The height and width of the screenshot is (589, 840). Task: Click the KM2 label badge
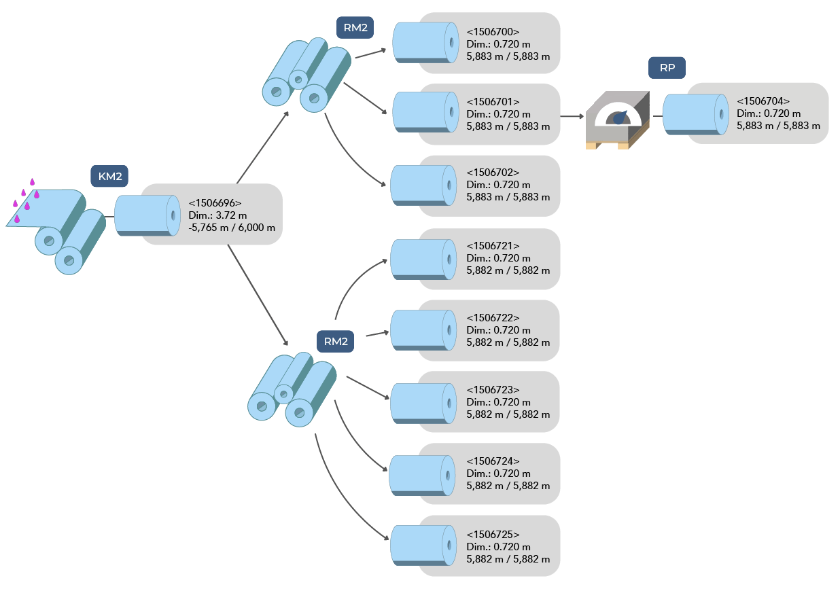click(x=109, y=177)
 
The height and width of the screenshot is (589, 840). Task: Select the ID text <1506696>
click(x=215, y=202)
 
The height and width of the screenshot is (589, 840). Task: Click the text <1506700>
click(x=493, y=32)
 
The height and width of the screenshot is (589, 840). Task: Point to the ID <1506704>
click(x=763, y=101)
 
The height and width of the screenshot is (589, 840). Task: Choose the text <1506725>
click(x=493, y=535)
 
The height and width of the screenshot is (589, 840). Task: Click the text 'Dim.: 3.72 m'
click(x=217, y=215)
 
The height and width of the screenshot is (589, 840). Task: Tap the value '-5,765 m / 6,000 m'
click(x=232, y=228)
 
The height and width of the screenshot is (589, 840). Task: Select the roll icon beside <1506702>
click(x=423, y=185)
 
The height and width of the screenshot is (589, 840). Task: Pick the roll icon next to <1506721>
click(x=423, y=259)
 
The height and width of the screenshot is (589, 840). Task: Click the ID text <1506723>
click(x=493, y=390)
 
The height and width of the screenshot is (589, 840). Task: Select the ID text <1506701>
click(x=493, y=102)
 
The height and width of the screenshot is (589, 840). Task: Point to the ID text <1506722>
click(x=493, y=318)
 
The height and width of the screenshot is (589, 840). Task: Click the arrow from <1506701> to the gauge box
click(x=572, y=116)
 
